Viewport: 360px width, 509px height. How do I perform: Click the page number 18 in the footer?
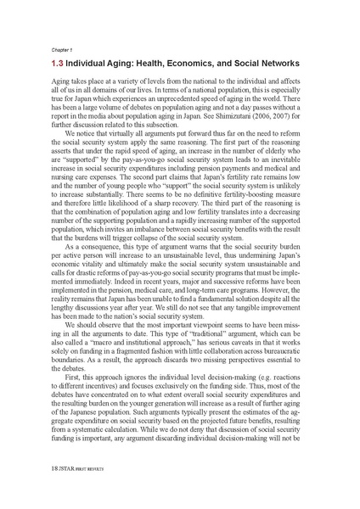[x=56, y=490]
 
